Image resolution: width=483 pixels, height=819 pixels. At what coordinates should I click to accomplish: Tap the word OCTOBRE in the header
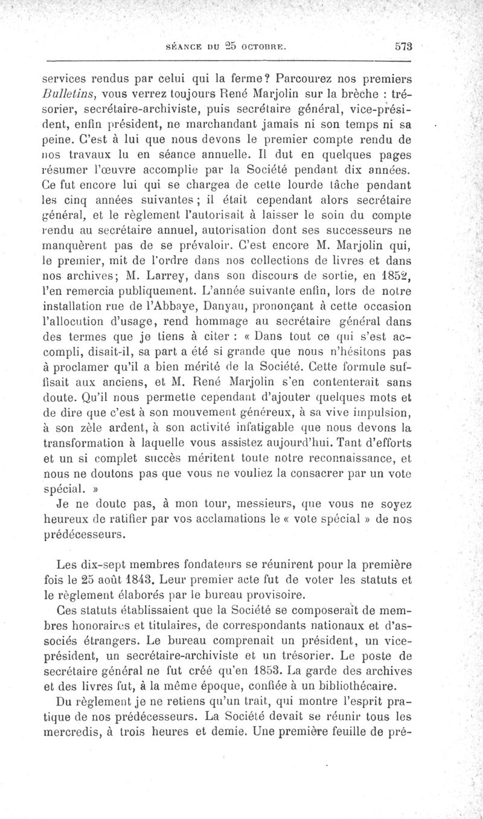(260, 45)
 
